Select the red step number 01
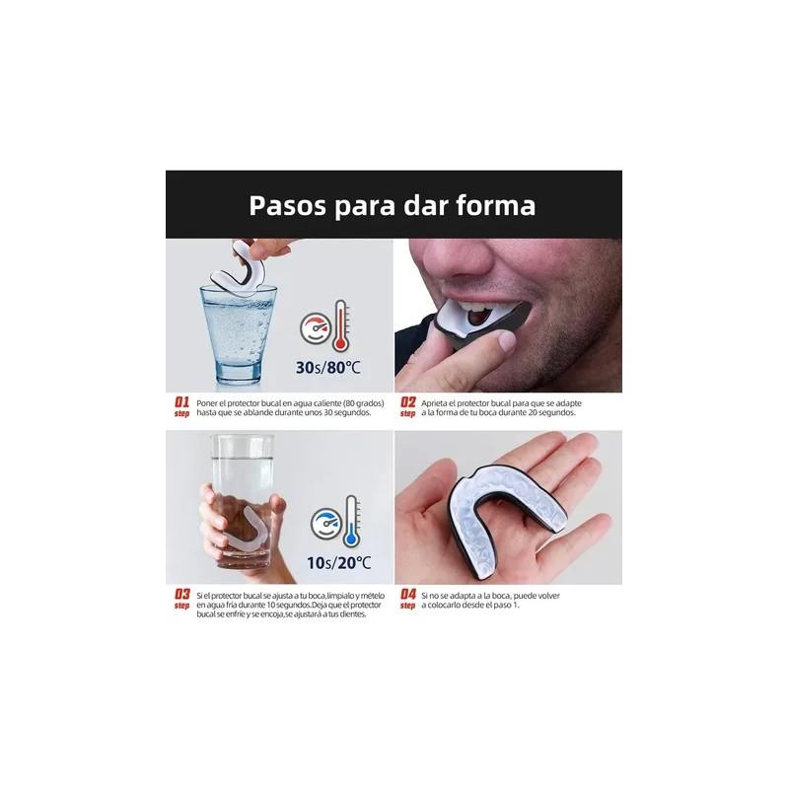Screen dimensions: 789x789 coord(181,402)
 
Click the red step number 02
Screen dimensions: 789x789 coord(407,402)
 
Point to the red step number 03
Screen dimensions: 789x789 coord(181,594)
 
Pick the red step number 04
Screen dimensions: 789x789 coord(407,594)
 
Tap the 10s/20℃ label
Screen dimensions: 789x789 coord(338,563)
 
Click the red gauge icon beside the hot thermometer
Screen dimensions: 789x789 coord(315,328)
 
